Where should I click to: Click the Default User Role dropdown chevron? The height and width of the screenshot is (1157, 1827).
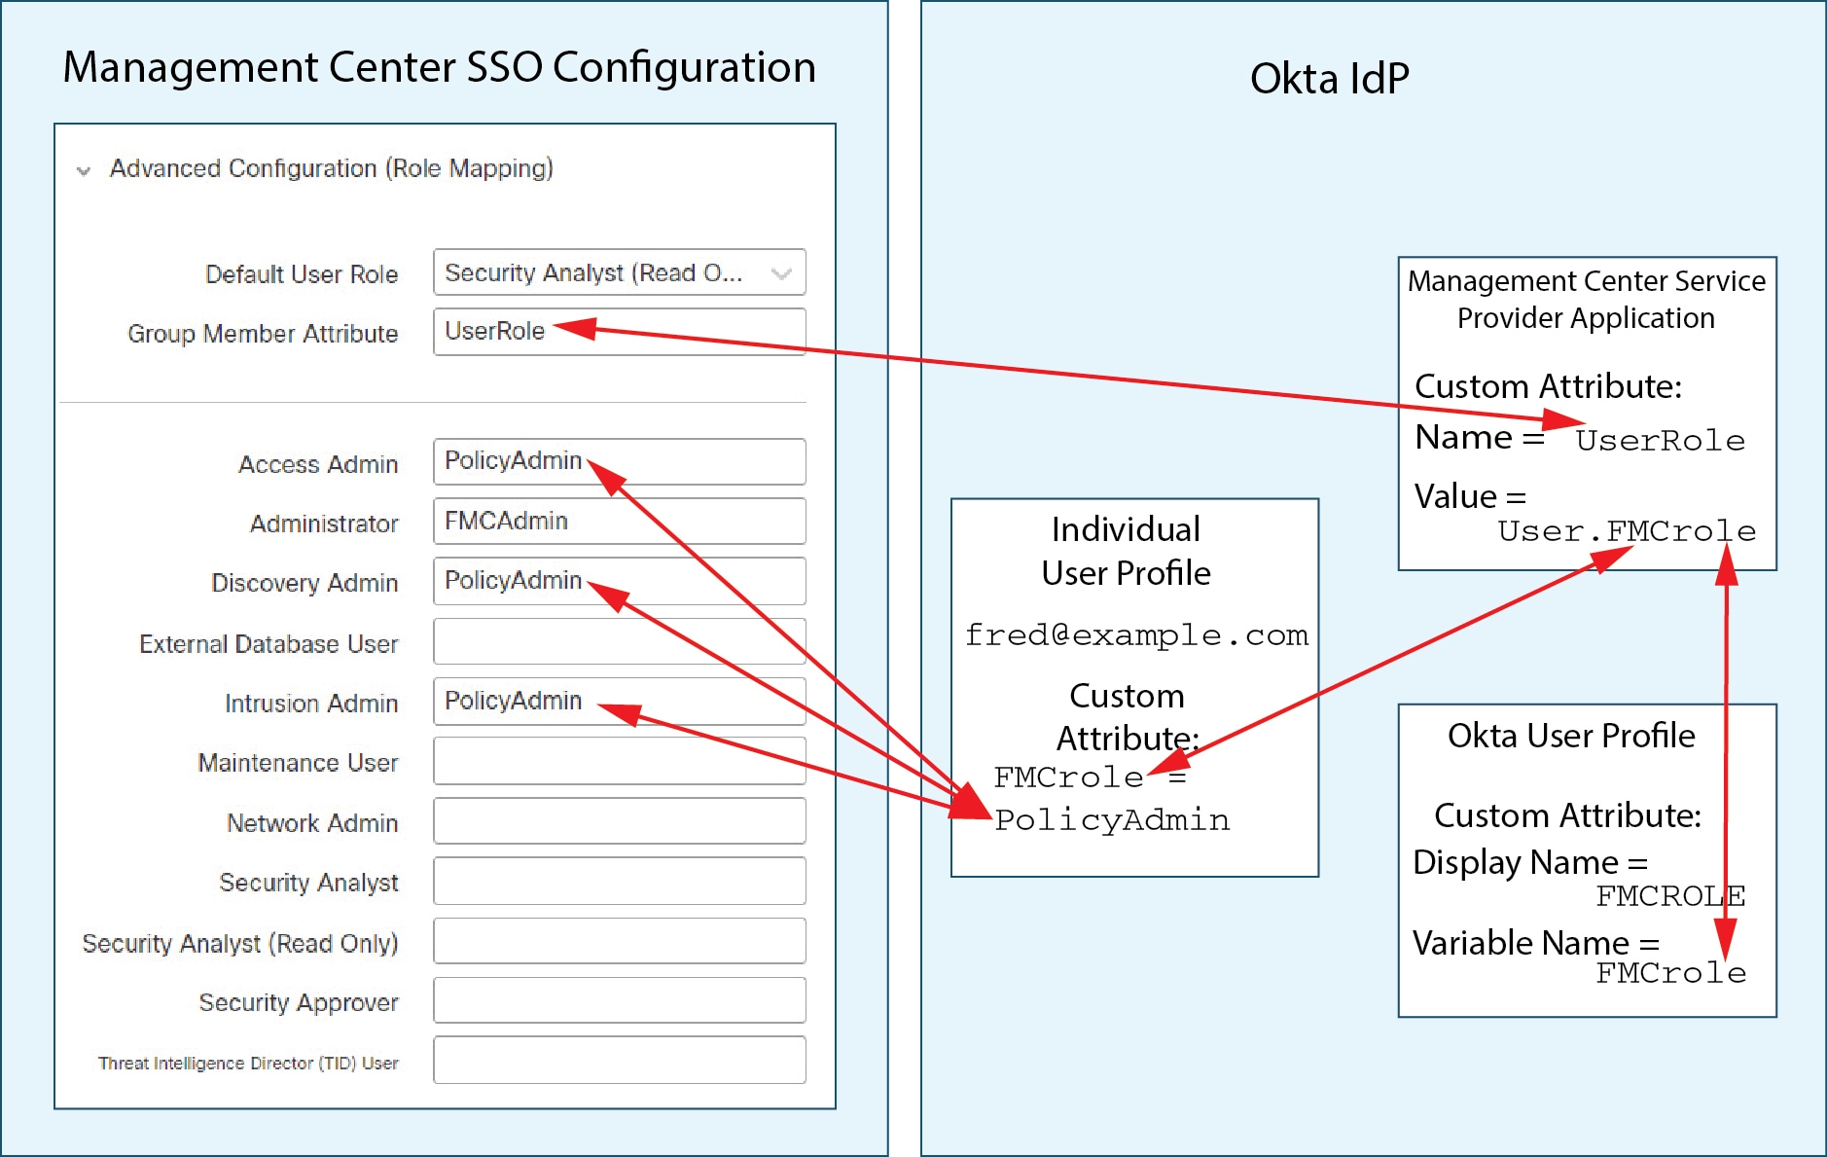[780, 274]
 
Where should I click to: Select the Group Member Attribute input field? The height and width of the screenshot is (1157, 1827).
[620, 332]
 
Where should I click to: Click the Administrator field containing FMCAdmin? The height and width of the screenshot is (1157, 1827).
[620, 521]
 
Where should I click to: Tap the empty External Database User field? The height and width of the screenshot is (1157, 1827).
[620, 641]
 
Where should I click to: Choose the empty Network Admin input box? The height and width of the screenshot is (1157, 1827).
[620, 821]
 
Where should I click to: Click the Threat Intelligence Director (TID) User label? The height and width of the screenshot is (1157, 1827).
[248, 1064]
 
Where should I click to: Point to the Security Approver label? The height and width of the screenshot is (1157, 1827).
[299, 1003]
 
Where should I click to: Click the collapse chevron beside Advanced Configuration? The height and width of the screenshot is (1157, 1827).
[84, 171]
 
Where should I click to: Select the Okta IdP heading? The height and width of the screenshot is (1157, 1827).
[1329, 79]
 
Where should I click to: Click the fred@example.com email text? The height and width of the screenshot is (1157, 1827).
[1136, 635]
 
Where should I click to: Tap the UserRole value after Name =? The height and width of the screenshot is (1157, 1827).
[1661, 441]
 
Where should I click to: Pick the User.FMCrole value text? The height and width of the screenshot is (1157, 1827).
[1627, 531]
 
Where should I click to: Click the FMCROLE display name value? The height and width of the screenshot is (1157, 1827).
[1670, 896]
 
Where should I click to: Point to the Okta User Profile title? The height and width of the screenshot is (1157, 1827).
[1571, 736]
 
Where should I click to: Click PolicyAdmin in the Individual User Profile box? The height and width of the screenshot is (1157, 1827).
[1112, 820]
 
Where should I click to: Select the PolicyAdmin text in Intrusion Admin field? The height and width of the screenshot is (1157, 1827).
[513, 701]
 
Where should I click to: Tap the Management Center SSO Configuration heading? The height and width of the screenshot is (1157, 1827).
[440, 67]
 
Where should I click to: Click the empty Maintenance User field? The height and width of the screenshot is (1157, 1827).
[620, 761]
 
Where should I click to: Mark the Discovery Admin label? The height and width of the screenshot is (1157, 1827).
[304, 583]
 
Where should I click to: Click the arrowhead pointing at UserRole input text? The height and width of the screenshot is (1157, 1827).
[574, 328]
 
